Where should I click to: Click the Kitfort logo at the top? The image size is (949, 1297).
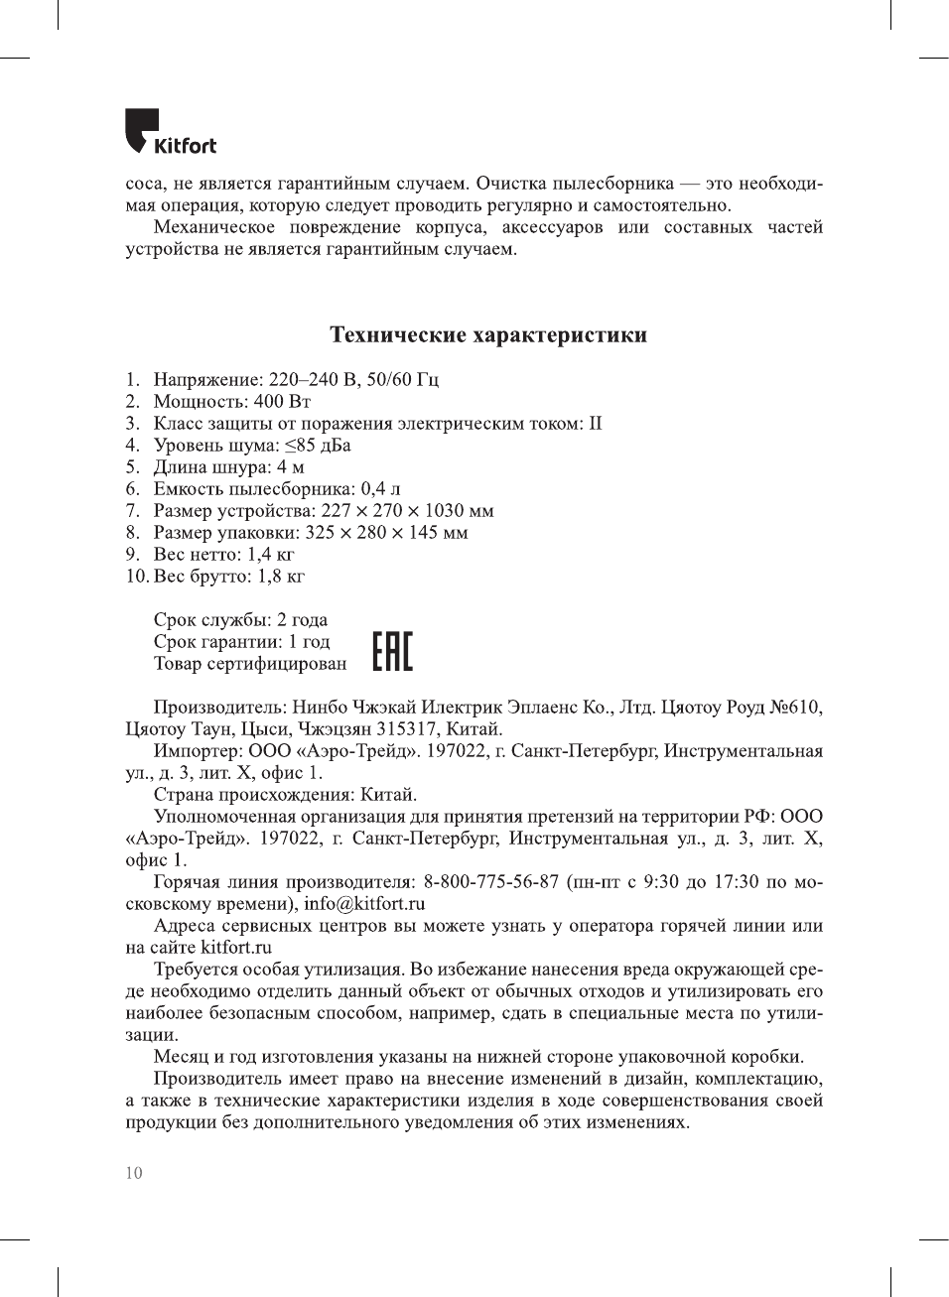point(170,132)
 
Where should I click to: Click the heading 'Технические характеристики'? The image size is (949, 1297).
point(487,334)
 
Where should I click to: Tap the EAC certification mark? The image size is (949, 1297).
point(392,651)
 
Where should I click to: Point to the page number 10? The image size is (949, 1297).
point(134,1173)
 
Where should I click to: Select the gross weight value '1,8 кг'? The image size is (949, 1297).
point(281,576)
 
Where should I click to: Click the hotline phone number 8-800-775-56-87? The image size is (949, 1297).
point(491,881)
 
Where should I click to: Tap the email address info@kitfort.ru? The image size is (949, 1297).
point(364,903)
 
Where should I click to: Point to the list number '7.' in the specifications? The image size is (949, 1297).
point(133,510)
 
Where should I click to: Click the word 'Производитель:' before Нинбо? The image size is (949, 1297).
point(219,707)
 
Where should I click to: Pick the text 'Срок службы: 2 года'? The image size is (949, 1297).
point(240,619)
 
